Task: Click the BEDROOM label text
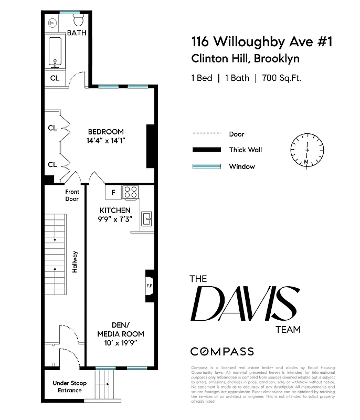pyautogui.click(x=105, y=132)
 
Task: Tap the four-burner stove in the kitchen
pyautogui.click(x=131, y=193)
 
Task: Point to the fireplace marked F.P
pyautogui.click(x=149, y=286)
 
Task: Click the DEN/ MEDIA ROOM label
pyautogui.click(x=120, y=330)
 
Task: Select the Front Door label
pyautogui.click(x=71, y=195)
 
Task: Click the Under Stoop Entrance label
pyautogui.click(x=69, y=386)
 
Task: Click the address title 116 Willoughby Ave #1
pyautogui.click(x=262, y=41)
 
